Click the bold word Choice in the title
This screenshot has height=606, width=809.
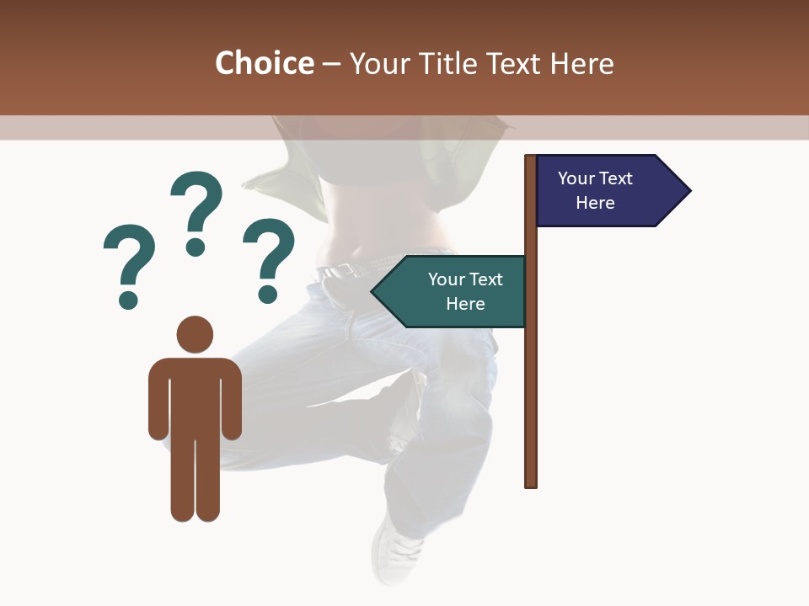(264, 63)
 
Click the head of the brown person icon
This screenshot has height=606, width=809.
(195, 334)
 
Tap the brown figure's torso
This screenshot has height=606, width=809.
(195, 396)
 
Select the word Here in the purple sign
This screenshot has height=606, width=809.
(595, 203)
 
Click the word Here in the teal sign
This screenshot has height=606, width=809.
(465, 304)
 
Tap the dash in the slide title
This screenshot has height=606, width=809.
(331, 64)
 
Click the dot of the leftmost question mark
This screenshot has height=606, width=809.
(128, 300)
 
